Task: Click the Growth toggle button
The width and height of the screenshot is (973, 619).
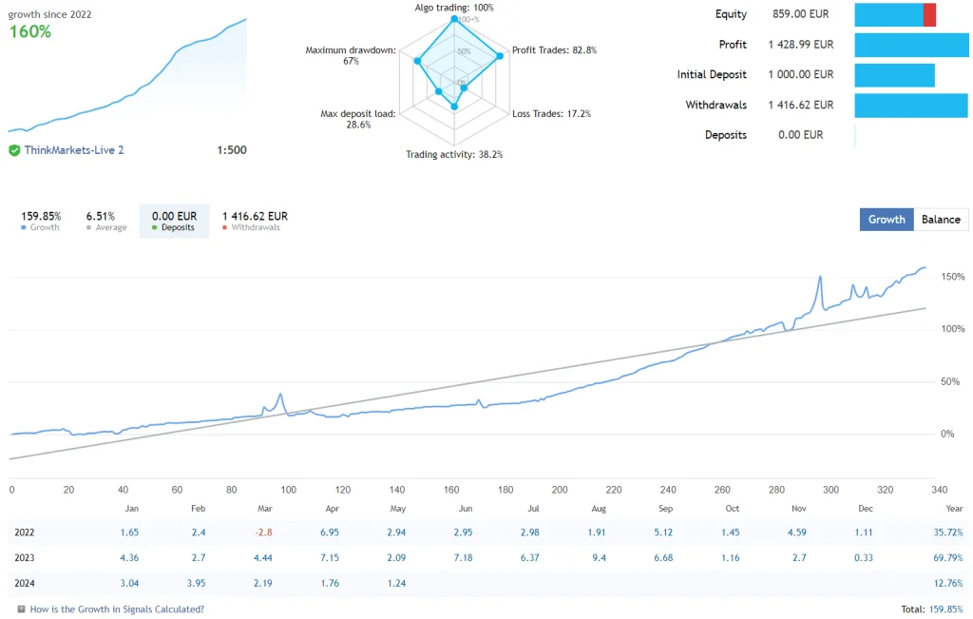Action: [887, 220]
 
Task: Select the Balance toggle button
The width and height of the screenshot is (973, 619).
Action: [941, 220]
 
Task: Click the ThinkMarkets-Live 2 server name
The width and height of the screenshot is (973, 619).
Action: [74, 150]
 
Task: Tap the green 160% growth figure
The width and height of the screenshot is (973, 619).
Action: [29, 31]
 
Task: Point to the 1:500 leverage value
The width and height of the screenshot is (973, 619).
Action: [232, 150]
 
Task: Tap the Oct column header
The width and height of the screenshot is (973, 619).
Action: [732, 509]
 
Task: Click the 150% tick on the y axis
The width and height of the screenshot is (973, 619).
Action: [952, 277]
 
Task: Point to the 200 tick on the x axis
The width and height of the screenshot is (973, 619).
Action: [559, 490]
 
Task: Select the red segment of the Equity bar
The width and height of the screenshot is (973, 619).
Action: [929, 14]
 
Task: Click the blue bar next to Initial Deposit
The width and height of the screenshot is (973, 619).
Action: [894, 75]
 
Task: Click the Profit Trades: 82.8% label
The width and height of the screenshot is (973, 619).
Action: [554, 50]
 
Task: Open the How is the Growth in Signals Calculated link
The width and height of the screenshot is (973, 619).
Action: [117, 609]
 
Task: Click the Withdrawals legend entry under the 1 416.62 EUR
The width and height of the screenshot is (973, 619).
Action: [255, 228]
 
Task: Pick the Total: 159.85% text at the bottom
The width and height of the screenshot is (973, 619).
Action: [931, 609]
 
